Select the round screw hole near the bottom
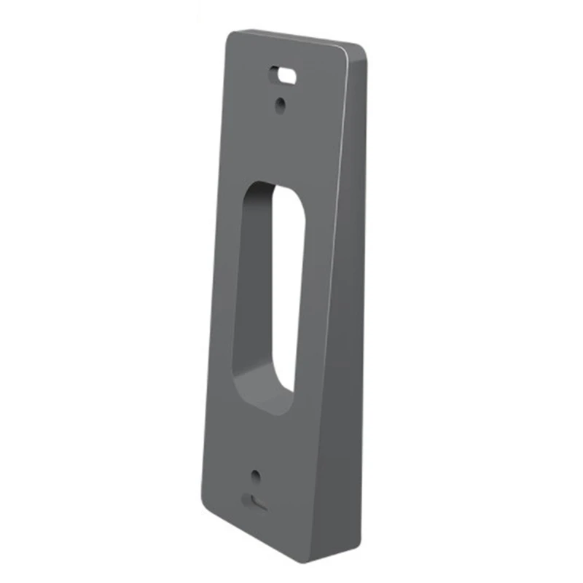(255, 477)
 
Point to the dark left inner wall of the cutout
(248, 284)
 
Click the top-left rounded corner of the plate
(232, 36)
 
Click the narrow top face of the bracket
(299, 38)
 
